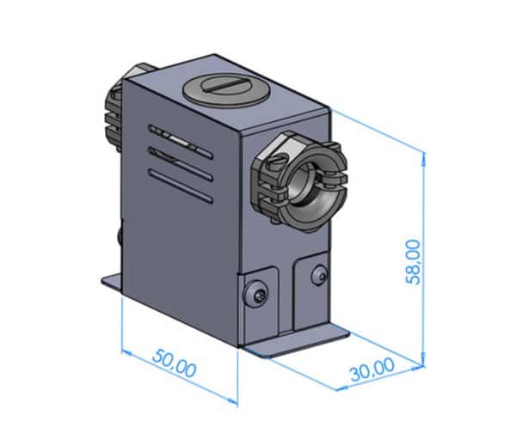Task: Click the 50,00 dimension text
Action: [x=175, y=363]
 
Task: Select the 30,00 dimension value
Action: [x=372, y=369]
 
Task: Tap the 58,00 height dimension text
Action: [x=413, y=262]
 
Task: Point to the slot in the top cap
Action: [x=226, y=85]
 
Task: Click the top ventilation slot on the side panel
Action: [x=181, y=142]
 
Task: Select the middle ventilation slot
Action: [x=181, y=164]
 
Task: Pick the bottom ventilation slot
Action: [x=181, y=186]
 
